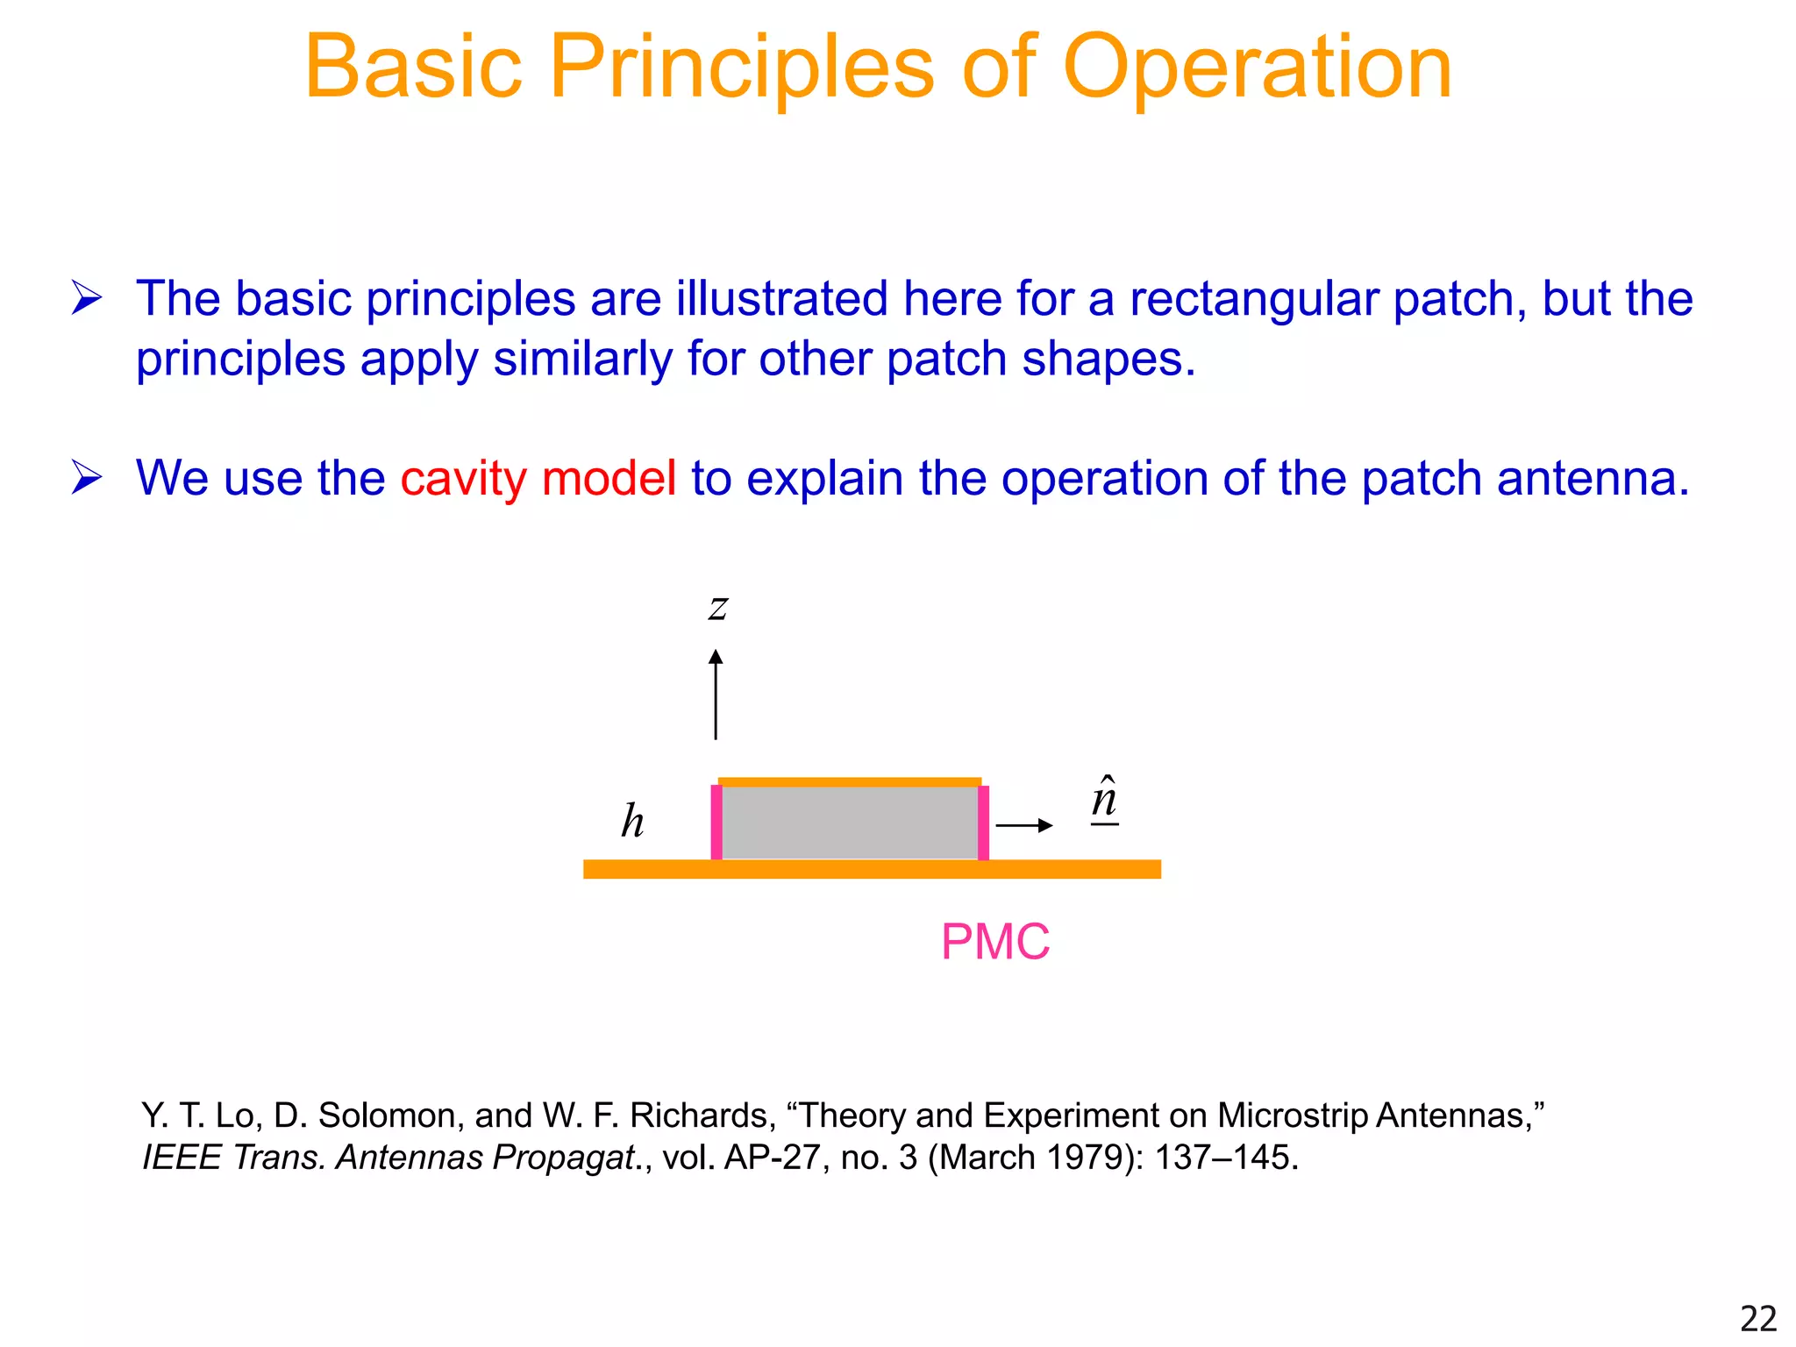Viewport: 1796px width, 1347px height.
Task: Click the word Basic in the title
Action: click(x=413, y=68)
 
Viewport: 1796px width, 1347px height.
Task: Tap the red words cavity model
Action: click(x=538, y=479)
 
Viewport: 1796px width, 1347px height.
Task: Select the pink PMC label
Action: click(x=994, y=942)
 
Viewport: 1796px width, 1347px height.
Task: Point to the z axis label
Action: click(x=717, y=607)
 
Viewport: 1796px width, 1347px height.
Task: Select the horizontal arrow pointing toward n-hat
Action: click(x=1023, y=825)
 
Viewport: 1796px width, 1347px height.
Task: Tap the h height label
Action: click(x=632, y=822)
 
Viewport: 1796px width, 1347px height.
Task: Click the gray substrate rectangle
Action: click(x=849, y=823)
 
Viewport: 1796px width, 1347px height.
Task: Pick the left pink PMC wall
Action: click(x=716, y=823)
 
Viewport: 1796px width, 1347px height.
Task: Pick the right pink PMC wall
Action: click(x=983, y=823)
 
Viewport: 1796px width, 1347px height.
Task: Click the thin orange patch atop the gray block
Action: click(x=849, y=781)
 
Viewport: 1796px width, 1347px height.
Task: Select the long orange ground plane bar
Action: click(x=872, y=869)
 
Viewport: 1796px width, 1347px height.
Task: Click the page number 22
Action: click(x=1757, y=1319)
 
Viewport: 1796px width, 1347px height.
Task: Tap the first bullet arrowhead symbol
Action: click(x=87, y=299)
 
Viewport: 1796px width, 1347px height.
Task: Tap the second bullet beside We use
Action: click(x=87, y=479)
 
